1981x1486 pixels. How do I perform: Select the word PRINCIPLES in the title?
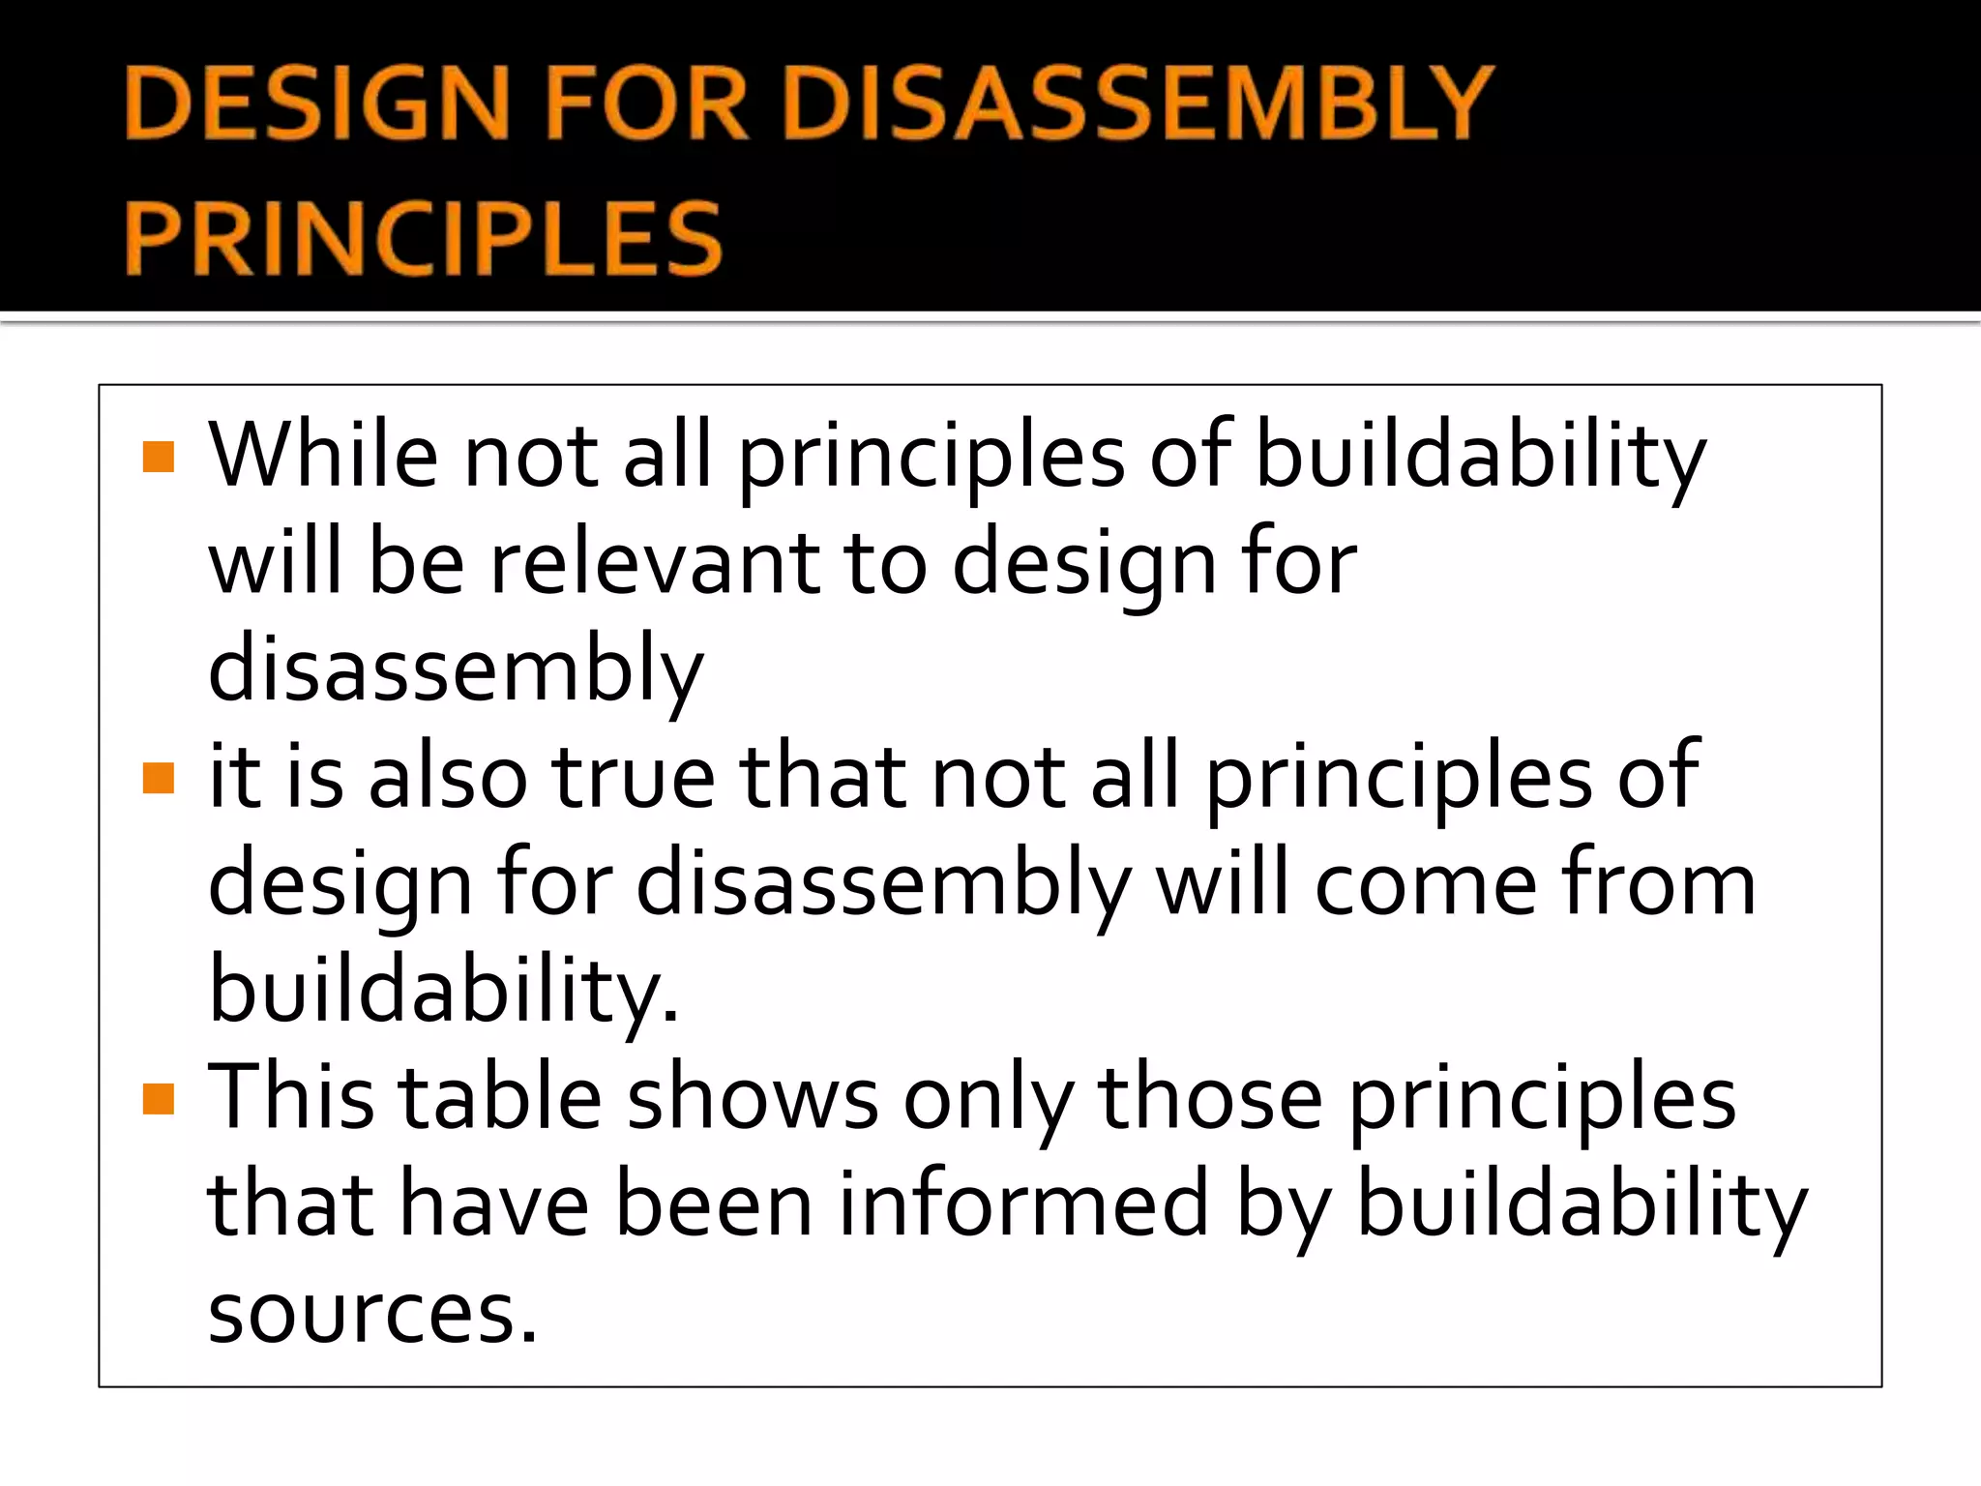tap(424, 238)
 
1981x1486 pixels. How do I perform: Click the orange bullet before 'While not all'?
tap(158, 457)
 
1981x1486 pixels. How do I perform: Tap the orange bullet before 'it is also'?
tap(158, 778)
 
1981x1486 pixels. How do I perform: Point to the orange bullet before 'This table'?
tap(158, 1099)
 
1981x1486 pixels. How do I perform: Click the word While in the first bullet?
tap(324, 455)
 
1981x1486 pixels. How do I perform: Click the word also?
tap(448, 777)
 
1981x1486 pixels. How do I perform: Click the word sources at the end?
tap(372, 1313)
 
